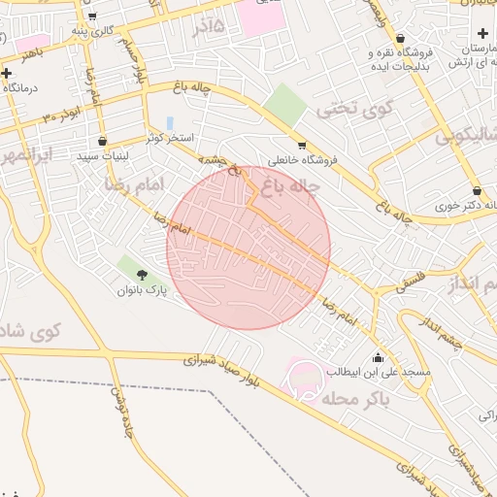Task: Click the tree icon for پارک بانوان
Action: (x=144, y=276)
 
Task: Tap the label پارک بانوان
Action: (x=143, y=290)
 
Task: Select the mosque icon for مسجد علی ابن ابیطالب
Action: (x=378, y=356)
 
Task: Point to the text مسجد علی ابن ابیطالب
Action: (x=384, y=372)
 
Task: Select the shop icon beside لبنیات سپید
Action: (x=102, y=141)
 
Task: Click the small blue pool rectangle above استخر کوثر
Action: (x=171, y=124)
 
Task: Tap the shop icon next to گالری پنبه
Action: (x=90, y=17)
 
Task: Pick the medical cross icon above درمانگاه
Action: (x=8, y=73)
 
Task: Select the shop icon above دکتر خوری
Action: (x=477, y=190)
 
